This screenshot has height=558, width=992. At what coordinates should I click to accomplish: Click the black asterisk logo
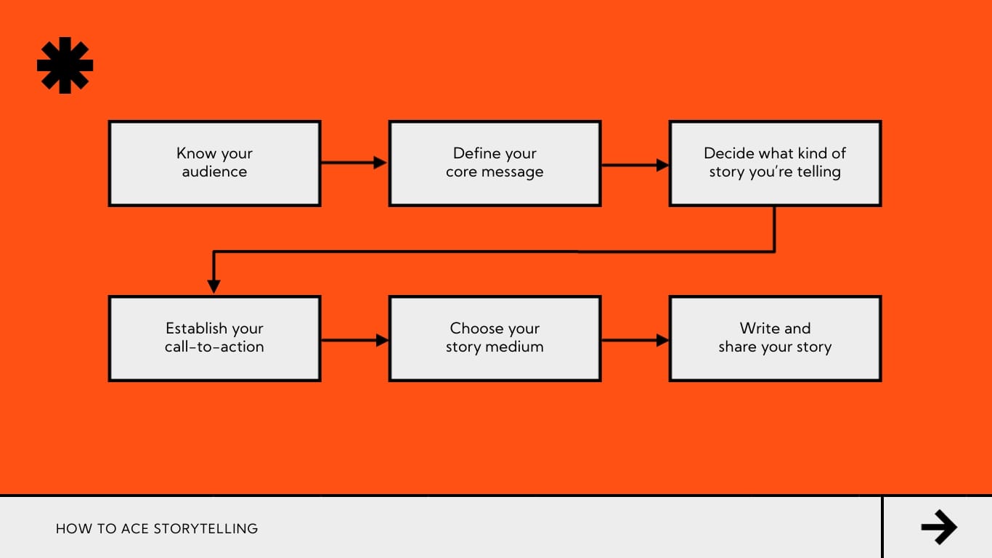(65, 65)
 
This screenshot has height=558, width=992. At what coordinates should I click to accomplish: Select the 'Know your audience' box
(214, 163)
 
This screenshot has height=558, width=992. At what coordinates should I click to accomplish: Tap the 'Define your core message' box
(495, 163)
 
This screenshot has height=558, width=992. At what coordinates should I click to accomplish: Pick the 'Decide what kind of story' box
(775, 163)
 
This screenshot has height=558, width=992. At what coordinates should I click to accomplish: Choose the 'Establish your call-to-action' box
(214, 339)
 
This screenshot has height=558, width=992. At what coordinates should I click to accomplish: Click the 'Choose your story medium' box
(495, 339)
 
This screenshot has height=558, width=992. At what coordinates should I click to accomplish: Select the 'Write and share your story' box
(775, 339)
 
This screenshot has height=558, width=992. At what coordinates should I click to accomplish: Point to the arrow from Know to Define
(354, 163)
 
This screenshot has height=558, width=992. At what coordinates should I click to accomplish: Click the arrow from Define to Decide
(635, 165)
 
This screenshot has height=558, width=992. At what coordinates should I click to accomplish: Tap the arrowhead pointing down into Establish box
(214, 286)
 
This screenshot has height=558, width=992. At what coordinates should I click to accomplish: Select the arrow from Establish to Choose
(354, 339)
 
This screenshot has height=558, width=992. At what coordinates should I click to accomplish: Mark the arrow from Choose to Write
(635, 339)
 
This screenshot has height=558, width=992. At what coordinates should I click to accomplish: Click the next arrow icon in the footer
(938, 527)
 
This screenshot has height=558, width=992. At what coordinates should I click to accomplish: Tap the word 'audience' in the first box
(214, 172)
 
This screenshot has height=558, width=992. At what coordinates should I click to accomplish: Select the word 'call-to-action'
(214, 347)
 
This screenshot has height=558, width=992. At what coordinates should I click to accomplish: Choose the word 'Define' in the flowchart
(475, 153)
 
